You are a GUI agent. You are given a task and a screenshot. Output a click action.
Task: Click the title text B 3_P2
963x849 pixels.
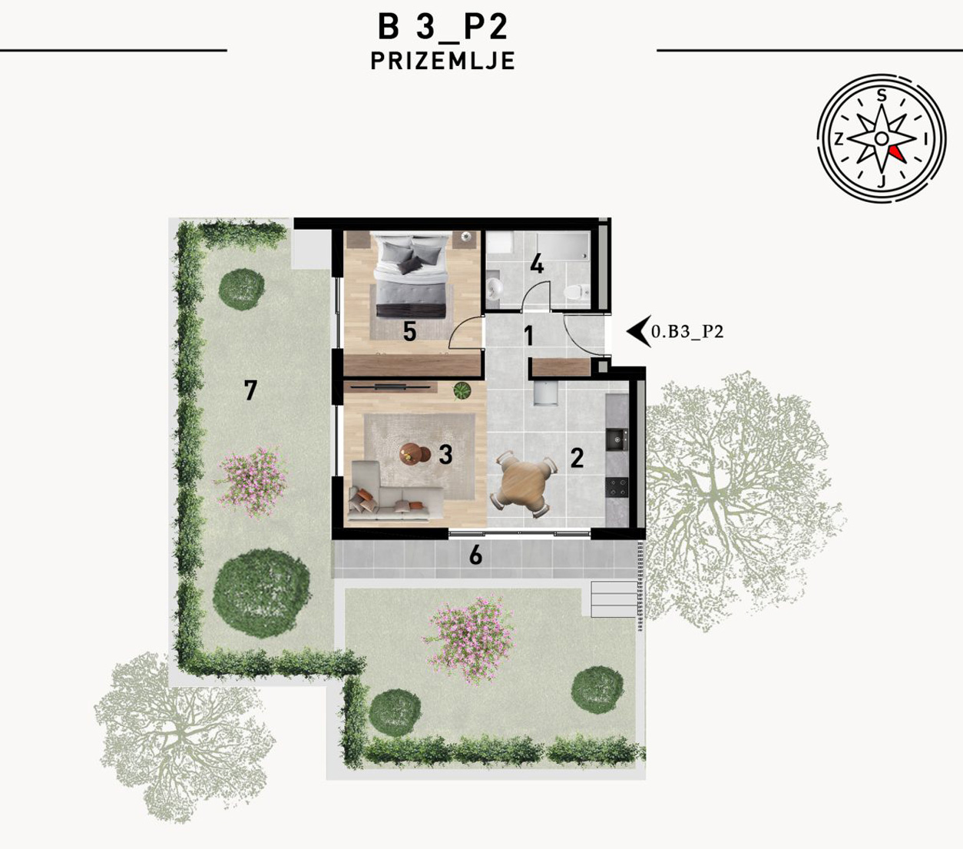pos(443,27)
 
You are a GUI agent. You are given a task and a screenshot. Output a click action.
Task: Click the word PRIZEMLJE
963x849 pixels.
pos(443,61)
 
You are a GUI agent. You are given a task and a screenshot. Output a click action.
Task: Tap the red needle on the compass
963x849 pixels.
pos(898,154)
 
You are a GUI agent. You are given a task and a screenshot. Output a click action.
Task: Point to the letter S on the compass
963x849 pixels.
pos(882,96)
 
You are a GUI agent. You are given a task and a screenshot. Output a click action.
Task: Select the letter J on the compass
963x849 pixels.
pos(882,181)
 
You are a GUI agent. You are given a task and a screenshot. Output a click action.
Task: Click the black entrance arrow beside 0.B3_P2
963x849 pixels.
pos(638,331)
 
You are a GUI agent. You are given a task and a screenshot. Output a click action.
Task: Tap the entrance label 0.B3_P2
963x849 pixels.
pos(687,331)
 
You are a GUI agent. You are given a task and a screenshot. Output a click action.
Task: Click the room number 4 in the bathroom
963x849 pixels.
pos(537,264)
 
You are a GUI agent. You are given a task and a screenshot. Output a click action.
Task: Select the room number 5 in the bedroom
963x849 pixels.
pos(409,331)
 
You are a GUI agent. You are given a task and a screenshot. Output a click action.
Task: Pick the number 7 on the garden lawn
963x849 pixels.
pos(250,390)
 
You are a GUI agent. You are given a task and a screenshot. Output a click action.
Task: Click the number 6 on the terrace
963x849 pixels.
pos(475,555)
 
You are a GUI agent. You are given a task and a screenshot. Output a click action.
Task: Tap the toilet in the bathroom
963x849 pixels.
pos(577,291)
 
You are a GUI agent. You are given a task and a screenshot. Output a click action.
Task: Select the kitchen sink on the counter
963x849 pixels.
pos(617,440)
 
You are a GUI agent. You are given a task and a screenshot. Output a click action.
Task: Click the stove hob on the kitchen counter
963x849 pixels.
pos(617,487)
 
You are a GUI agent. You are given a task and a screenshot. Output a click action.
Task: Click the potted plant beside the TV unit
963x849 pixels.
pos(462,391)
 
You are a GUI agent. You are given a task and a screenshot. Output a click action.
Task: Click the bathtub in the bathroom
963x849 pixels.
pos(563,247)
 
